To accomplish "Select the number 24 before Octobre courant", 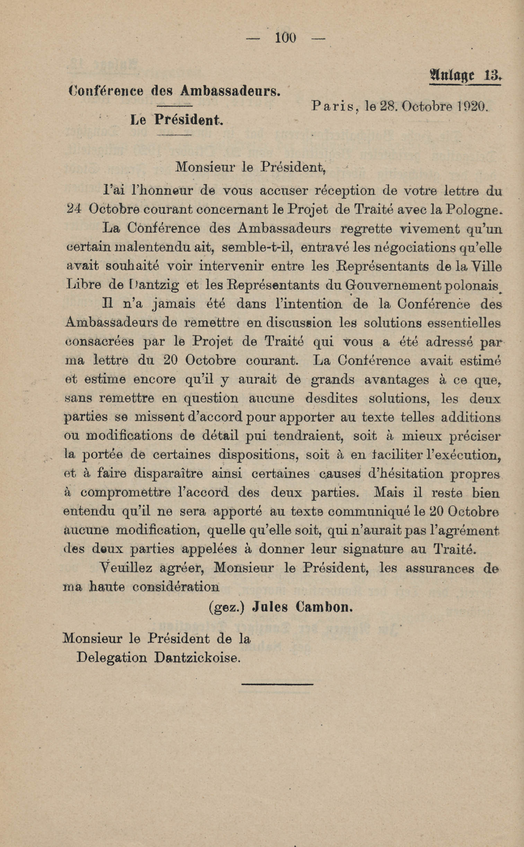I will click(x=73, y=210).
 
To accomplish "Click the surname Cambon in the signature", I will click(x=324, y=607).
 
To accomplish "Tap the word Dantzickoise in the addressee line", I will click(x=197, y=658).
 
